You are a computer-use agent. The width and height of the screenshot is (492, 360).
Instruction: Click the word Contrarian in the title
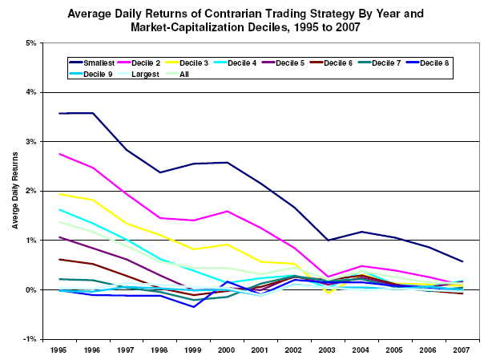[233, 13]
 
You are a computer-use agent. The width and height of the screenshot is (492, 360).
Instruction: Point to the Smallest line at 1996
[93, 113]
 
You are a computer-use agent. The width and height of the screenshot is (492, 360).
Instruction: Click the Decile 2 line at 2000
[228, 211]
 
